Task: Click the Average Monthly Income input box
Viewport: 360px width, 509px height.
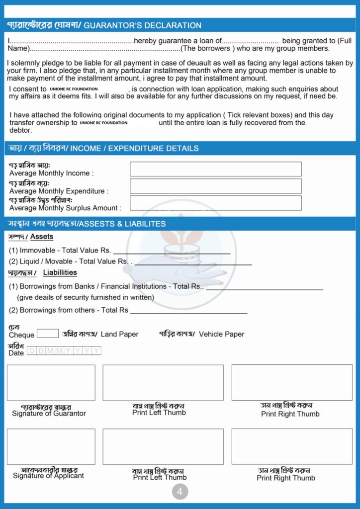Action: point(215,169)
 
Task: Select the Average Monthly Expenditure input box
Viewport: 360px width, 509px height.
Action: point(215,186)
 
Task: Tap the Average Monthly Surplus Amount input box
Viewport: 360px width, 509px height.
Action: point(215,203)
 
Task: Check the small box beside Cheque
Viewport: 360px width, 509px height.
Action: point(48,334)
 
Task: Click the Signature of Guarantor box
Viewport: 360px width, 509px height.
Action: point(51,383)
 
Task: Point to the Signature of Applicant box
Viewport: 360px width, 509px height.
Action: point(51,446)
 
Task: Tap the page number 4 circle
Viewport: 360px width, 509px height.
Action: point(180,492)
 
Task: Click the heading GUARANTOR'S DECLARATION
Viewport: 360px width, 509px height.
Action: point(142,25)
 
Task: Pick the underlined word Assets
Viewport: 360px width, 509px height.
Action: point(42,237)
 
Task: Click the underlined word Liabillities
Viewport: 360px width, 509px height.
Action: point(60,272)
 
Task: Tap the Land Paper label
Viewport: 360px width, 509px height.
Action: point(119,335)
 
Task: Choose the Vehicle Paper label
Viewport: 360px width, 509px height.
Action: point(221,335)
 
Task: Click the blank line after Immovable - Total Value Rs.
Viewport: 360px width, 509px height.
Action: point(172,253)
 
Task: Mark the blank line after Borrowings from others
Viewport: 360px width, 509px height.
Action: point(188,312)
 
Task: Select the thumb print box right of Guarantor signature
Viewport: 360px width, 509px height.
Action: point(163,383)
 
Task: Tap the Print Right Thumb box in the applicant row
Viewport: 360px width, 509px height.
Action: point(292,446)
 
